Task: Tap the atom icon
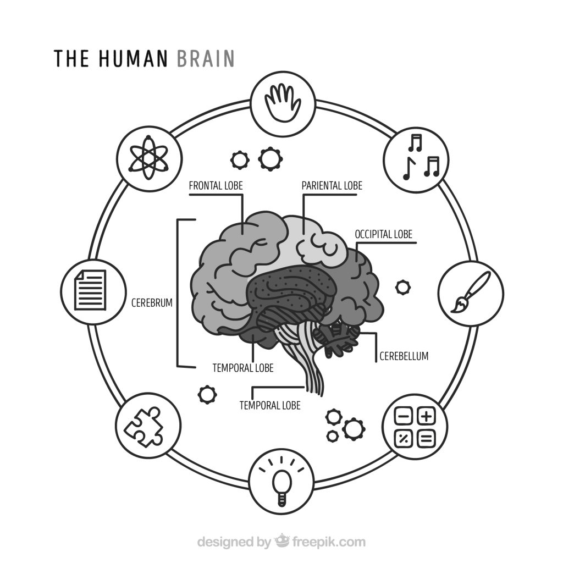pyautogui.click(x=148, y=157)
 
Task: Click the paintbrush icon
pyautogui.click(x=471, y=292)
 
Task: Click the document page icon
pyautogui.click(x=90, y=290)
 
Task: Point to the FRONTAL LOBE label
pyautogui.click(x=216, y=186)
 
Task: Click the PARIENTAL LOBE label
pyautogui.click(x=332, y=186)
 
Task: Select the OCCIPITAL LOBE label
pyautogui.click(x=383, y=234)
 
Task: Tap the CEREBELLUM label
pyautogui.click(x=404, y=356)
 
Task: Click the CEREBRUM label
pyautogui.click(x=152, y=303)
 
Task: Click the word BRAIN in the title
pyautogui.click(x=206, y=58)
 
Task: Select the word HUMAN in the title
pyautogui.click(x=133, y=58)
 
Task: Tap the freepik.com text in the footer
pyautogui.click(x=329, y=542)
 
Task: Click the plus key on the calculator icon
pyautogui.click(x=426, y=417)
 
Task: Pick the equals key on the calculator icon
pyautogui.click(x=426, y=439)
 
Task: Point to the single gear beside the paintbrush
pyautogui.click(x=402, y=287)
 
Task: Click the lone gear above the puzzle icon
pyautogui.click(x=207, y=394)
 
